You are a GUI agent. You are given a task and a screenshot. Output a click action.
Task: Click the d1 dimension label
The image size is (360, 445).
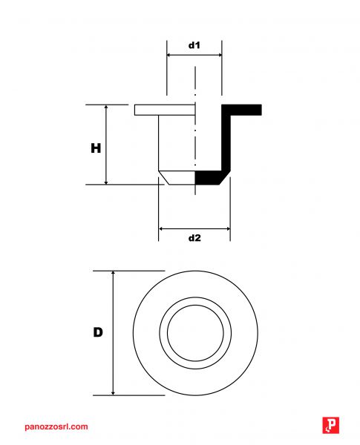pos(194,45)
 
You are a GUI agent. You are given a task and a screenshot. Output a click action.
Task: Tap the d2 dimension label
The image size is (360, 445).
pos(194,238)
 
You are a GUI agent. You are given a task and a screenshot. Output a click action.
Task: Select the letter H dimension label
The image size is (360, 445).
pos(96,148)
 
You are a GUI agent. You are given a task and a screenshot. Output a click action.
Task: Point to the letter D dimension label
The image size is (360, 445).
pos(98,332)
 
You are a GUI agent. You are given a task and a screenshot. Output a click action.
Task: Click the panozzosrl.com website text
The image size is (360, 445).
pos(56,426)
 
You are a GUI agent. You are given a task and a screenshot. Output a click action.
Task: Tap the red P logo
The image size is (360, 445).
pos(331,425)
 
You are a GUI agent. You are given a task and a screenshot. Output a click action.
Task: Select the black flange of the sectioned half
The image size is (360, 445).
pos(241,110)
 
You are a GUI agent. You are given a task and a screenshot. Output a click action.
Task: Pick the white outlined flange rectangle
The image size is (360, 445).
pos(165,110)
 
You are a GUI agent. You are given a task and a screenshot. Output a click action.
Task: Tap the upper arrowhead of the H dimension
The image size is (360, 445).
pos(106,107)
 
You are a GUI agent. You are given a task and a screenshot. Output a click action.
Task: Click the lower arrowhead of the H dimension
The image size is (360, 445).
pos(106,182)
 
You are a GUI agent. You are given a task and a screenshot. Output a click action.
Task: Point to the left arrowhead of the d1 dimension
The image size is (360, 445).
pos(169,55)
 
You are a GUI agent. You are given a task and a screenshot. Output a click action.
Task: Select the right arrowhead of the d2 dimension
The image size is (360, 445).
pos(228,228)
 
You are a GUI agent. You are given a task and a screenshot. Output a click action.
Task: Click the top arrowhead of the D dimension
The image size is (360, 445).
pos(113,273)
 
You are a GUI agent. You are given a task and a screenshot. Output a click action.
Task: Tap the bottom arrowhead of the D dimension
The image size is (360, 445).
pos(113,392)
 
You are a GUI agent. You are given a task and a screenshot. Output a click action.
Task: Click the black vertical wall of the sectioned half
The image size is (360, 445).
pos(226,142)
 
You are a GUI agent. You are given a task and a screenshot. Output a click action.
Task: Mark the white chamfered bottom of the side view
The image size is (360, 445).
pos(177,178)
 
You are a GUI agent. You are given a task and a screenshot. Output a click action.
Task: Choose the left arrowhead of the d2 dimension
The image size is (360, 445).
pos(161,228)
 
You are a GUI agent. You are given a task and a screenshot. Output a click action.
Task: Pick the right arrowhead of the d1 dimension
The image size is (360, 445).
pos(220,55)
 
